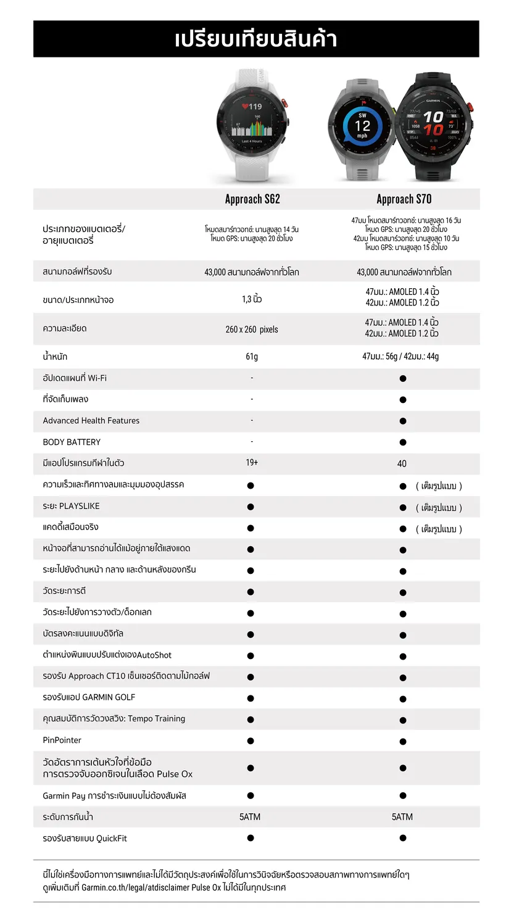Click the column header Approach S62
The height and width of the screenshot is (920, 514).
(252, 199)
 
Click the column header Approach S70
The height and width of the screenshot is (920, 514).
(404, 199)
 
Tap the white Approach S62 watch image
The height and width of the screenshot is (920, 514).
(252, 123)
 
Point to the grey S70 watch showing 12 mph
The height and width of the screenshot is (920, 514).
(362, 126)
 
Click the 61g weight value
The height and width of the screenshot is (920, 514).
(252, 357)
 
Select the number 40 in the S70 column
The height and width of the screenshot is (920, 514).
(402, 463)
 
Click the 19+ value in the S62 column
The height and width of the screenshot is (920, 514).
(252, 463)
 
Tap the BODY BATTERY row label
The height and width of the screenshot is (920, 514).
(72, 442)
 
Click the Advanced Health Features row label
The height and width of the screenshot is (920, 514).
(91, 421)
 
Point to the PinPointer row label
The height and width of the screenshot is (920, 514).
(62, 740)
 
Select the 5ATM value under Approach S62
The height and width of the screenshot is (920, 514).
(250, 817)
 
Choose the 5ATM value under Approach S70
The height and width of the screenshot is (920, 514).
(402, 817)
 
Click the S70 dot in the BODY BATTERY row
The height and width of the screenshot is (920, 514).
(403, 442)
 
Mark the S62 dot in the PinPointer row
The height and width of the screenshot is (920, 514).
(251, 740)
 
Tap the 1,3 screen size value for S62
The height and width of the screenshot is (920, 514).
(252, 299)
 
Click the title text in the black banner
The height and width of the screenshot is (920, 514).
(256, 39)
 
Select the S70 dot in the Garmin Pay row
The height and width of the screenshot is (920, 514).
(403, 796)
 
